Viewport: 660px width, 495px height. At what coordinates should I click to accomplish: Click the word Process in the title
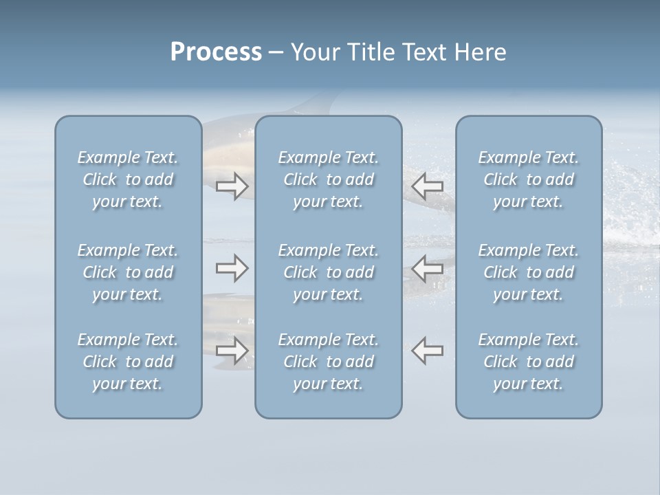(216, 52)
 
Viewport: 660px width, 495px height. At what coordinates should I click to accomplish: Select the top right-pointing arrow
(232, 186)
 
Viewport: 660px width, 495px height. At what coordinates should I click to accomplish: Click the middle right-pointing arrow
(232, 268)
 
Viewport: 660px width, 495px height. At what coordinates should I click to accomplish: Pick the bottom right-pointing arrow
(232, 351)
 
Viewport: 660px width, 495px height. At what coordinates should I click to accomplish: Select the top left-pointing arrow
(428, 186)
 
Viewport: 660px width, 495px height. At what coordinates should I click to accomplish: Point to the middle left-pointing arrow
(428, 268)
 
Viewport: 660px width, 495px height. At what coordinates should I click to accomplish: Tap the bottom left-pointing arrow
(428, 351)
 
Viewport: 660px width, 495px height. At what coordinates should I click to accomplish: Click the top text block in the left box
(128, 179)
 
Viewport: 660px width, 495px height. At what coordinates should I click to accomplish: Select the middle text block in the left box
(128, 272)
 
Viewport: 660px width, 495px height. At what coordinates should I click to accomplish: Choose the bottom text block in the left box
(128, 362)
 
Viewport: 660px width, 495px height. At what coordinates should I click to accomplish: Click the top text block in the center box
(328, 179)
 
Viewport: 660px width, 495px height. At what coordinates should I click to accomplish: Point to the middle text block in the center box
(328, 272)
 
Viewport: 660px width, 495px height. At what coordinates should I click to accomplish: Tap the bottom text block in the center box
(328, 362)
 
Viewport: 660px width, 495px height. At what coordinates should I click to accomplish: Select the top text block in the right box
(529, 179)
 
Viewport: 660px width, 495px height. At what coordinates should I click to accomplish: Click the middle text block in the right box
(529, 272)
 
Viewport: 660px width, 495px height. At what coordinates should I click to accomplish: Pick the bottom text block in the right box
(529, 362)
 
